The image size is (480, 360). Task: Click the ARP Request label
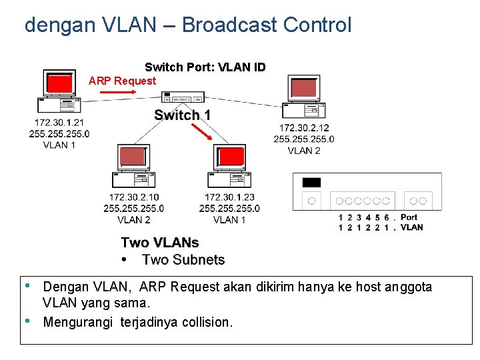122,81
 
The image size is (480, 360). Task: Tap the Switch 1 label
182,115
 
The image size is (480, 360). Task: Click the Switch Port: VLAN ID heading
205,67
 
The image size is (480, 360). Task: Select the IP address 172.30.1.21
59,123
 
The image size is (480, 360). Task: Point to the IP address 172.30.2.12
303,128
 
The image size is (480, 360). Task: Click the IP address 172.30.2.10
134,197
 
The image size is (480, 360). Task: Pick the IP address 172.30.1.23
229,197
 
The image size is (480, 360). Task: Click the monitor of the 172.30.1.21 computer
59,84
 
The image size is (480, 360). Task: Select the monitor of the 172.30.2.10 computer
132,157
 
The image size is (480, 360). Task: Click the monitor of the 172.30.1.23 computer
231,157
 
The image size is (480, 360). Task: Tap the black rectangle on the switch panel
311,183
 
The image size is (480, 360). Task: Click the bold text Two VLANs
160,243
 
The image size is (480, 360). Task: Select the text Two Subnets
183,260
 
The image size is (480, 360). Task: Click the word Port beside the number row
409,217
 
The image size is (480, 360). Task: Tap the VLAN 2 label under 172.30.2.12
304,151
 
